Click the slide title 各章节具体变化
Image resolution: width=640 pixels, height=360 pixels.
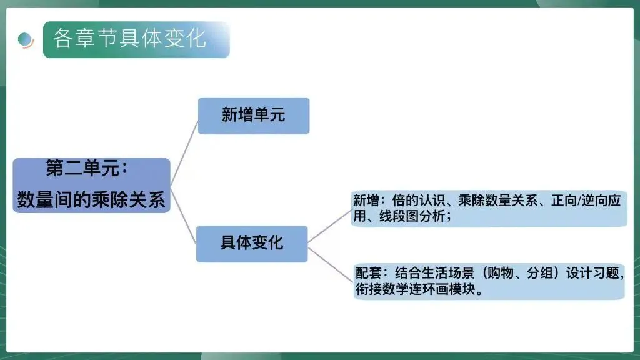129,39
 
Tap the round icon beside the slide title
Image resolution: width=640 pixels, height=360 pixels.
26,39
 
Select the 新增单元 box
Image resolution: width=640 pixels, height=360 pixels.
253,115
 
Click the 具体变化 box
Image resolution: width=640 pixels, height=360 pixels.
251,243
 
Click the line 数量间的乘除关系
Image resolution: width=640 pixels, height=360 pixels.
91,200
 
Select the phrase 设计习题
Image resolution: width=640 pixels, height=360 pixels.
593,274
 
